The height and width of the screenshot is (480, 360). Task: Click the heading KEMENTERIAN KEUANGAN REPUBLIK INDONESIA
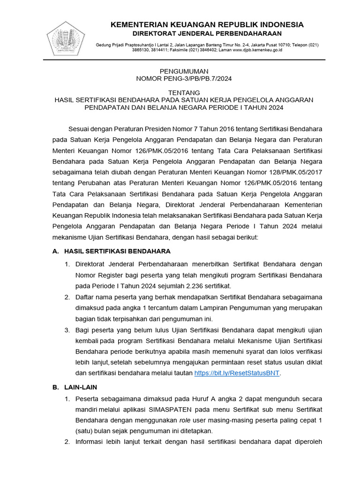pyautogui.click(x=207, y=24)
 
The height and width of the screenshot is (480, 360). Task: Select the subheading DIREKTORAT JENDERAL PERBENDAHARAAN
pyautogui.click(x=207, y=34)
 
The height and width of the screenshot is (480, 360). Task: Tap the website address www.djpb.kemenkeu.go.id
pyautogui.click(x=257, y=50)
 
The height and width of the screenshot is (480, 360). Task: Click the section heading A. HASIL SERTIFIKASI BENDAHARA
pyautogui.click(x=112, y=251)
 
